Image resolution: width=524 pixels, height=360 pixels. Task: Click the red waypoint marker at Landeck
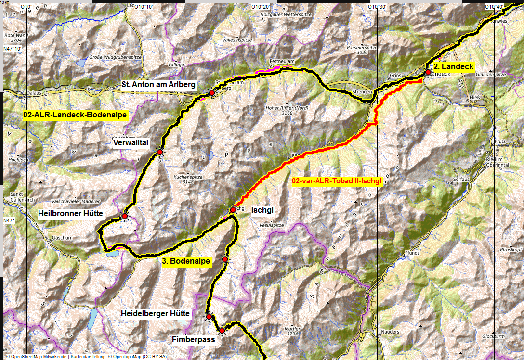(x=428, y=72)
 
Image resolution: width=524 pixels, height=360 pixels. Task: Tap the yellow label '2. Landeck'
(x=454, y=67)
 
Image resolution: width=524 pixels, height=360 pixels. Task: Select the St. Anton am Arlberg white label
(x=158, y=85)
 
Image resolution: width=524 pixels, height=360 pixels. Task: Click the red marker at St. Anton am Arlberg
(x=211, y=92)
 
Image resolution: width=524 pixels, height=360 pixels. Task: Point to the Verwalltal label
(x=131, y=143)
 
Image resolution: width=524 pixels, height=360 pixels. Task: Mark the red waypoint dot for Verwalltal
(x=160, y=152)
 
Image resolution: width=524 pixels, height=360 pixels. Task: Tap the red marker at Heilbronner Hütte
(x=125, y=217)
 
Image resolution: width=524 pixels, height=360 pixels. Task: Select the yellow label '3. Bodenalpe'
(x=185, y=261)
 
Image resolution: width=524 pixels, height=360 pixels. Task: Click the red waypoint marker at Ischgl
(x=233, y=210)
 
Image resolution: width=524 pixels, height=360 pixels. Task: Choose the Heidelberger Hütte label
(x=156, y=314)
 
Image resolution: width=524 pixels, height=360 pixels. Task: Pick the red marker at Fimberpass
(x=222, y=331)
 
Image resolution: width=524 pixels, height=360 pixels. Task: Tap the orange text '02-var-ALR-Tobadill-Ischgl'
(x=337, y=181)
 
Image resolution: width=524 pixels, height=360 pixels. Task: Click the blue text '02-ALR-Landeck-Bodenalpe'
(x=75, y=115)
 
